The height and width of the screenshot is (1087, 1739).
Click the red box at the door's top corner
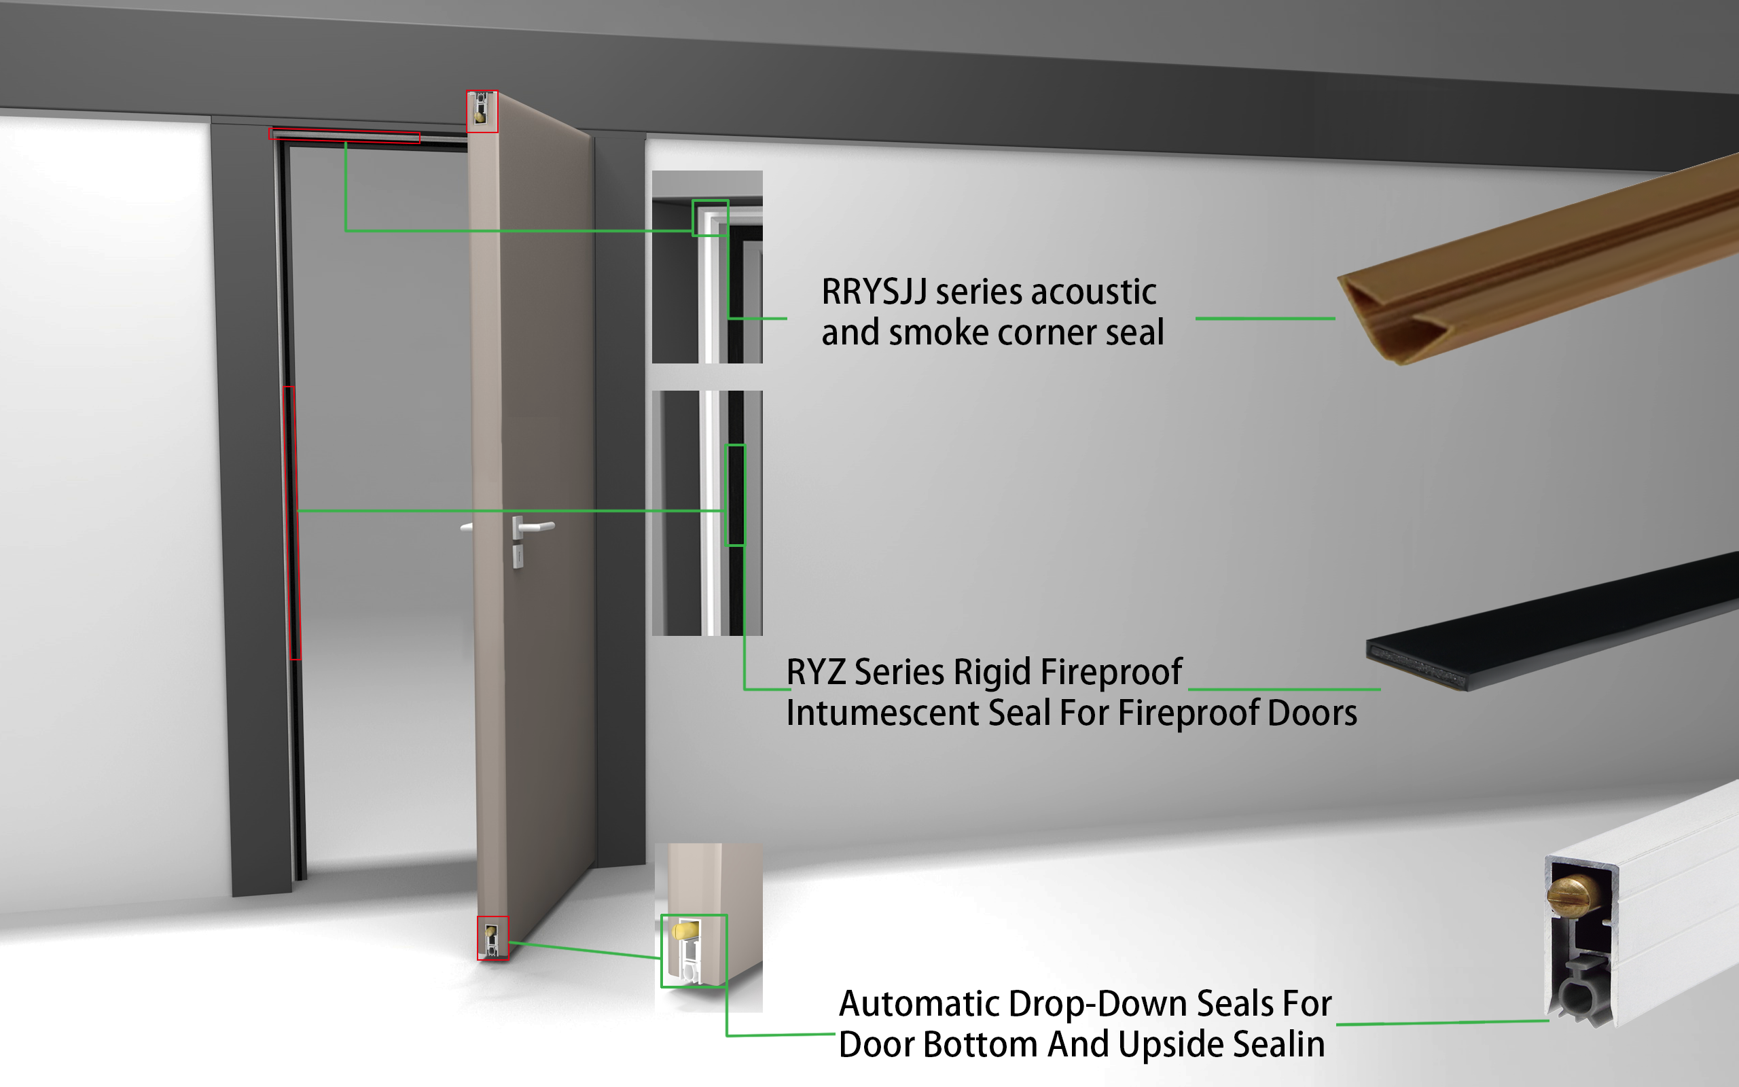tap(482, 111)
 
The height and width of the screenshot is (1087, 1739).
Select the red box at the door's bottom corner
tap(493, 938)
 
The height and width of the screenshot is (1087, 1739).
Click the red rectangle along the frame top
tap(344, 136)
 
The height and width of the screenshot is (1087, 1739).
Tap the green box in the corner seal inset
tap(710, 218)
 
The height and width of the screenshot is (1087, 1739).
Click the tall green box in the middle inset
tap(734, 495)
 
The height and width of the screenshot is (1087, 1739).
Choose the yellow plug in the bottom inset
tap(685, 931)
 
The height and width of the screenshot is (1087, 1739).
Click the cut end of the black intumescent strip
tap(1416, 664)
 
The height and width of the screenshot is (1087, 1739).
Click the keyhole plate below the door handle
tap(518, 557)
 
